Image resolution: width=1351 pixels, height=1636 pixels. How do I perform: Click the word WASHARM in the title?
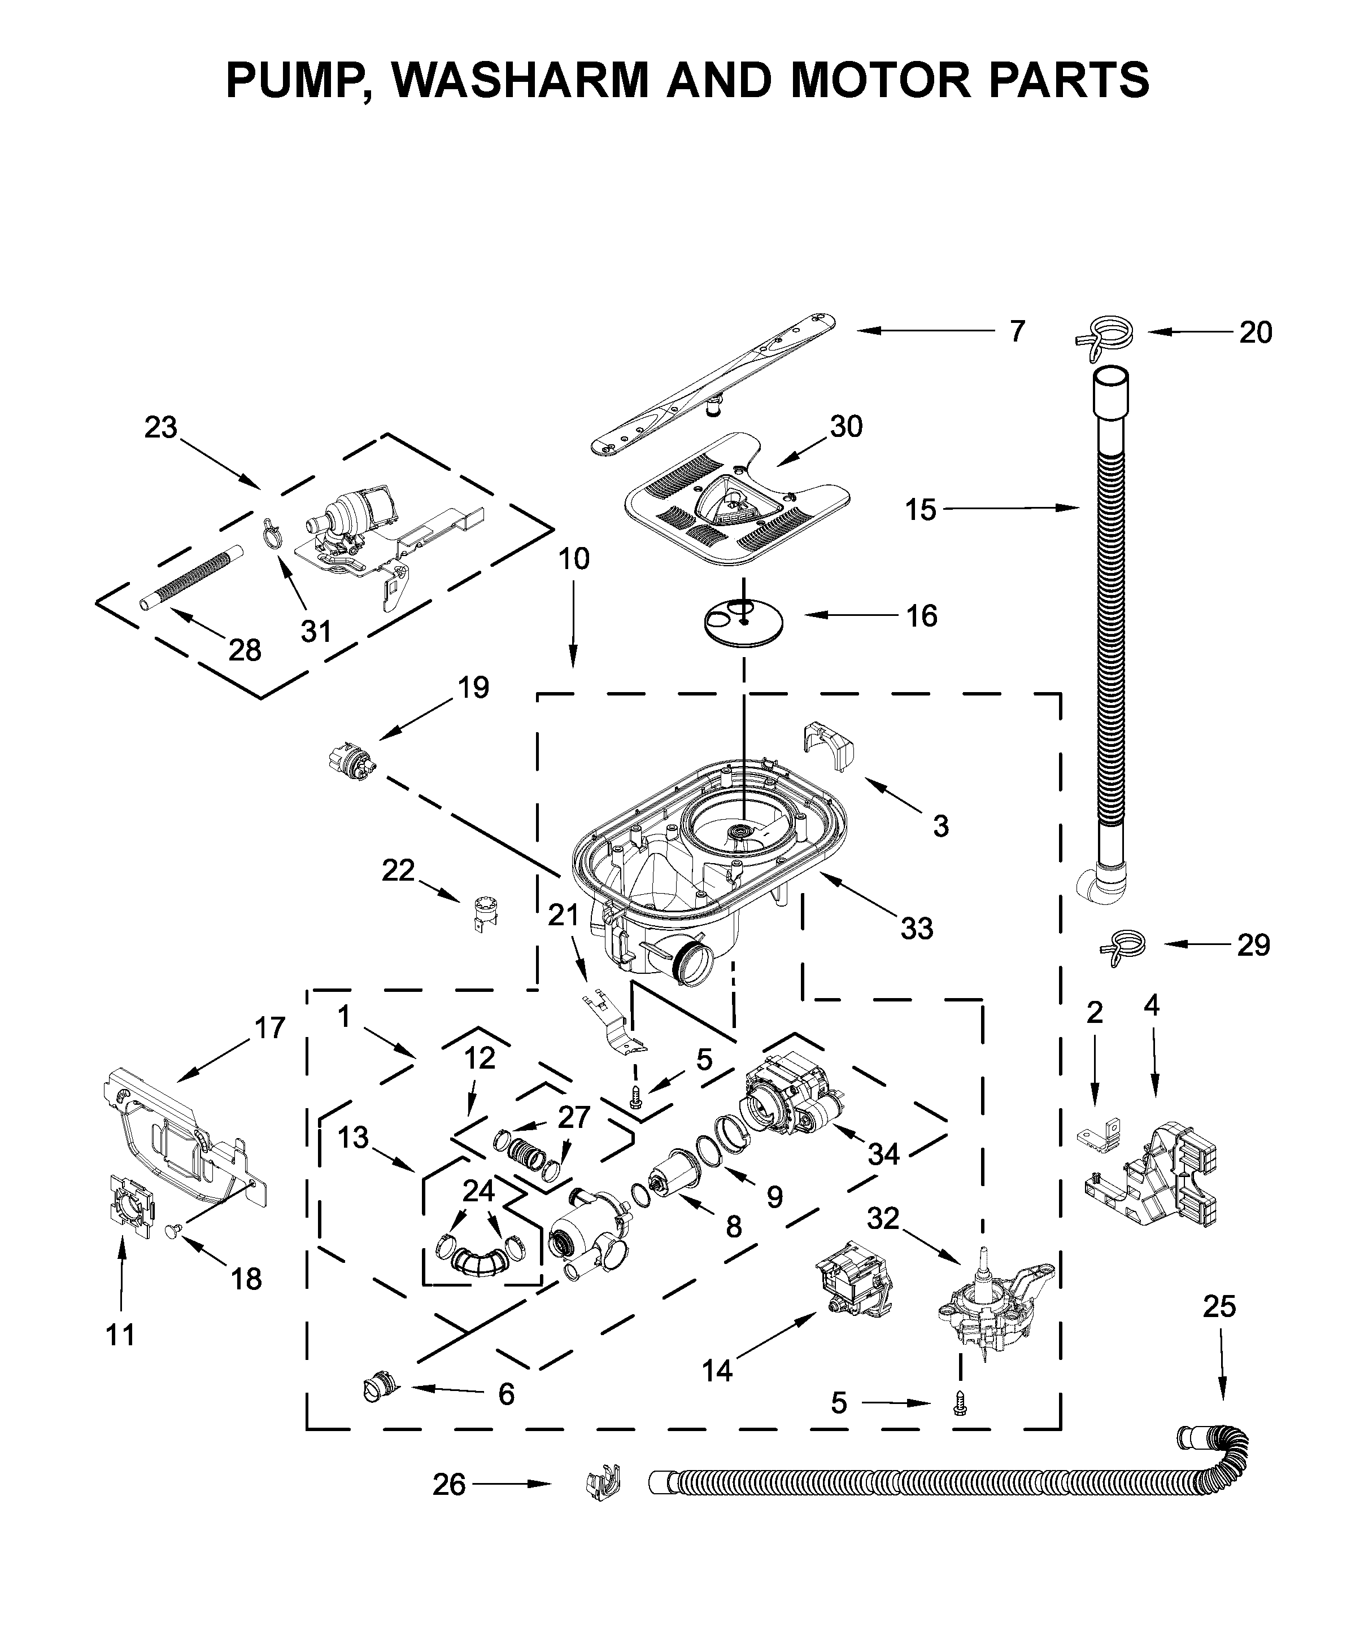coord(520,80)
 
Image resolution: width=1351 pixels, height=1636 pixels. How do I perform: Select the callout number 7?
coord(1017,331)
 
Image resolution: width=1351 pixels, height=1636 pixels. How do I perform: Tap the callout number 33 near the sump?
coord(916,928)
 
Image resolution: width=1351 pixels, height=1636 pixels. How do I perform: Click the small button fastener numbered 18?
coord(175,1228)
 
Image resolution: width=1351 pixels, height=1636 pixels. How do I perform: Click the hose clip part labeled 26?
coord(604,1484)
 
